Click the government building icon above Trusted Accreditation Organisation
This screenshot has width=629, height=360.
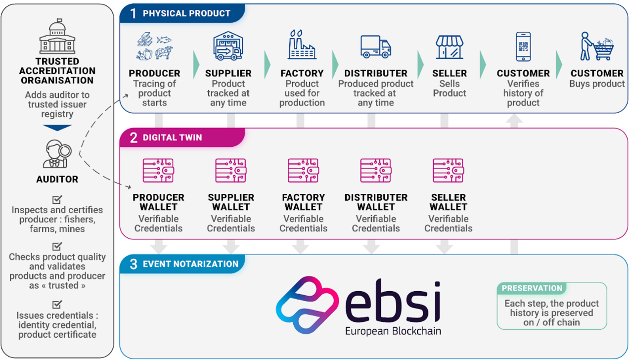click(x=57, y=37)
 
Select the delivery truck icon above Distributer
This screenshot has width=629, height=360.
click(x=375, y=46)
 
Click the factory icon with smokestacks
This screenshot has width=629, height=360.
click(x=302, y=45)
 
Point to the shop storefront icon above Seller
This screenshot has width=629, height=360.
click(x=449, y=47)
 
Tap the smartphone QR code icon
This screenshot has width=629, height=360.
click(x=523, y=47)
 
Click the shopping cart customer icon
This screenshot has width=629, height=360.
click(x=596, y=46)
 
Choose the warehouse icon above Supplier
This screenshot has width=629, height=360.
click(x=228, y=46)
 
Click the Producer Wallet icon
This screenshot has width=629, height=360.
click(x=158, y=171)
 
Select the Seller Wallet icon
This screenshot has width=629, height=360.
click(x=448, y=171)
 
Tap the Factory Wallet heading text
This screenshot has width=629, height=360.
click(x=303, y=202)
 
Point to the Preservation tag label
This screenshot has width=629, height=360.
click(x=532, y=288)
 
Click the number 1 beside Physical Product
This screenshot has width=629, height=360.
click(x=133, y=13)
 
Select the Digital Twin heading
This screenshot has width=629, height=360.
click(x=172, y=137)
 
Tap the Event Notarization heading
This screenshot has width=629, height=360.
click(x=190, y=264)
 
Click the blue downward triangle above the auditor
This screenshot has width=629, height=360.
click(x=57, y=128)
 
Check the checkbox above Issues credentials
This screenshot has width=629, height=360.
click(x=57, y=304)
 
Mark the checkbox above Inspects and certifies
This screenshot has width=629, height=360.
click(x=57, y=199)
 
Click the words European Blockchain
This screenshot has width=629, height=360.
click(x=393, y=331)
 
